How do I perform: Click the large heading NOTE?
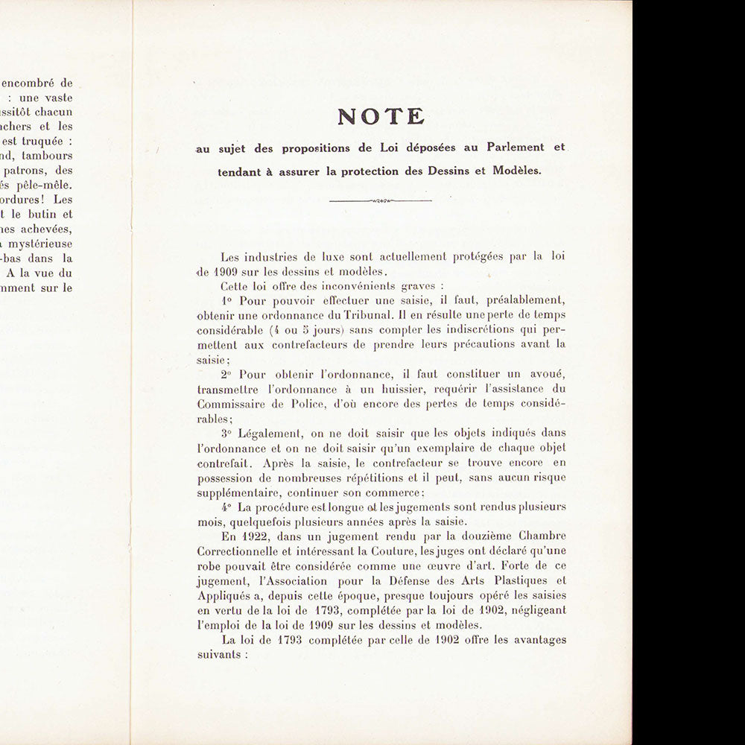tap(381, 117)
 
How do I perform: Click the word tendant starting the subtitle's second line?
tap(242, 170)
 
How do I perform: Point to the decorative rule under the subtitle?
tap(380, 200)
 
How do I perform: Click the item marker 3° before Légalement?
tap(226, 433)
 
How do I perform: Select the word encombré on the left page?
tap(32, 83)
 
